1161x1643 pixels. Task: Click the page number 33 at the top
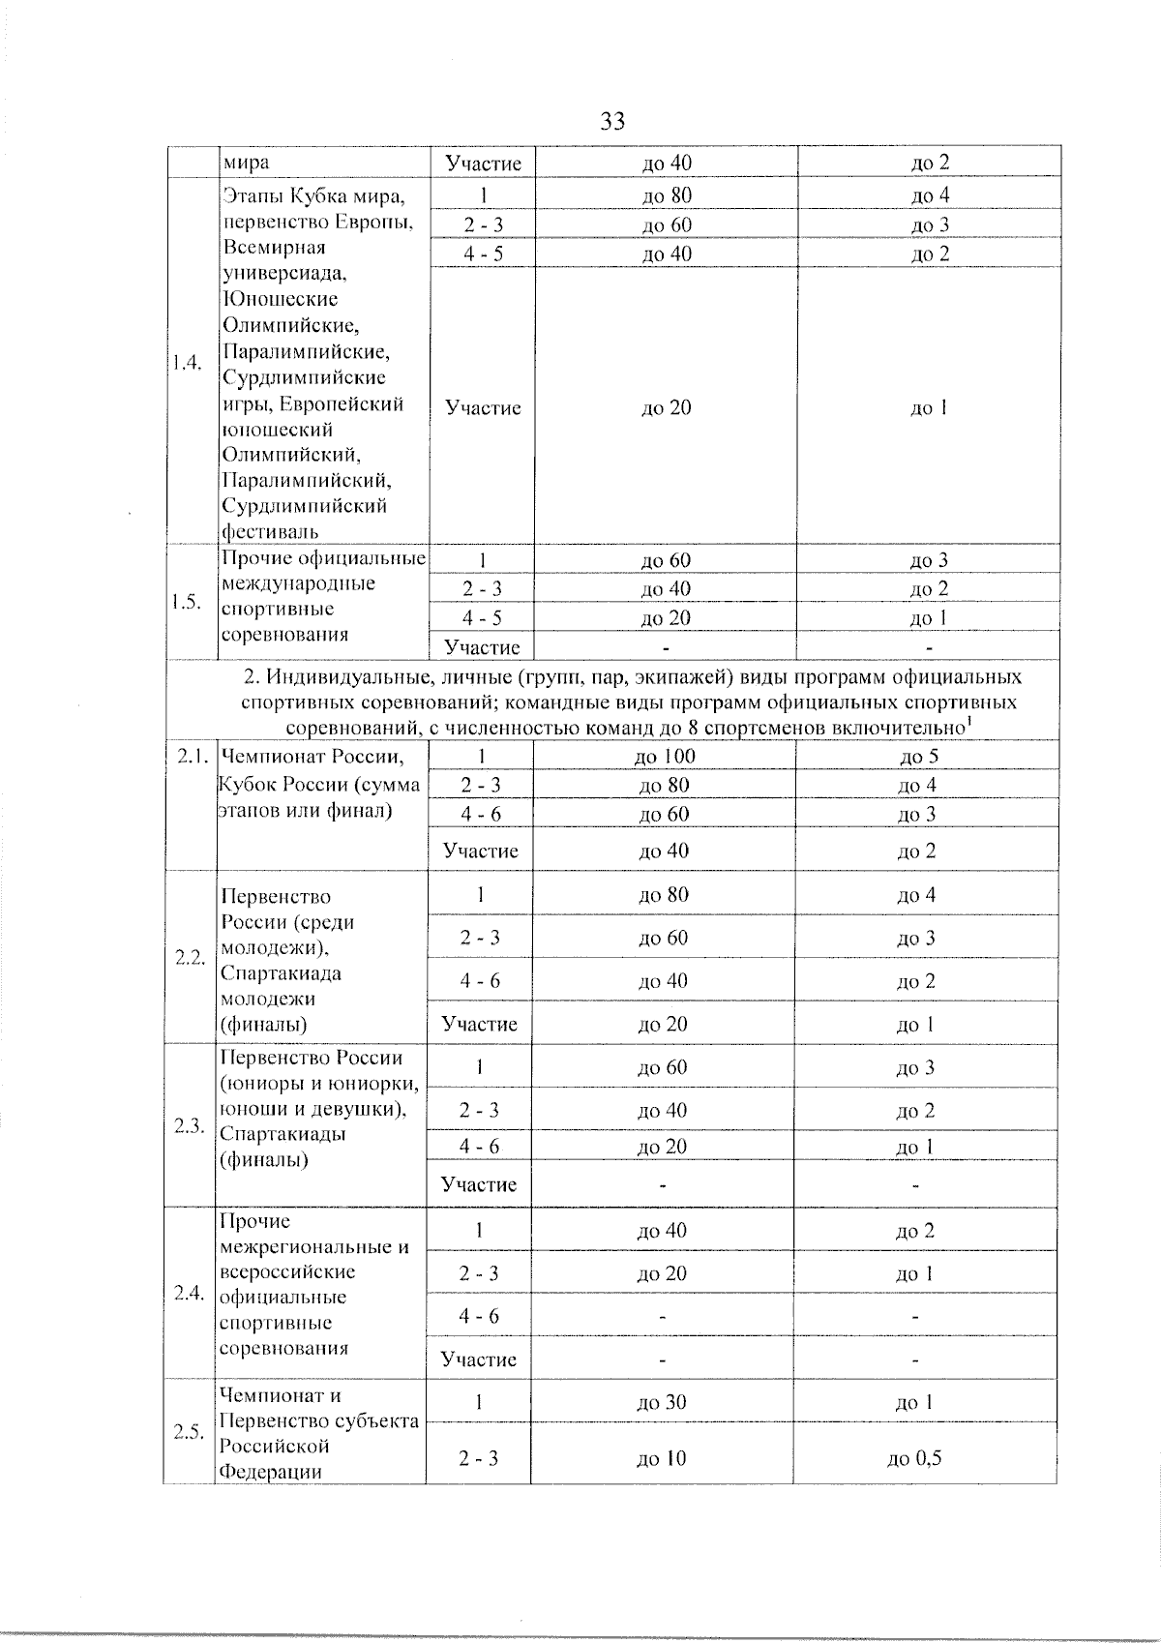pyautogui.click(x=611, y=122)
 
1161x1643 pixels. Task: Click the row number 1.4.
pyautogui.click(x=187, y=364)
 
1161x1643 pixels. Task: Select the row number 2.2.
pyautogui.click(x=189, y=958)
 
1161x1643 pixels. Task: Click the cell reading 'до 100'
pyautogui.click(x=665, y=757)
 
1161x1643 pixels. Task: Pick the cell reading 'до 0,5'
pyautogui.click(x=914, y=1458)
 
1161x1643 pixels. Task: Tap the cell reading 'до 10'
pyautogui.click(x=662, y=1458)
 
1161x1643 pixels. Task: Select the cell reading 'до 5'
pyautogui.click(x=918, y=757)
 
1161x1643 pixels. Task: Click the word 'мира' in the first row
pyautogui.click(x=246, y=164)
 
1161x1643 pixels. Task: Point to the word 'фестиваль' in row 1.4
pyautogui.click(x=270, y=531)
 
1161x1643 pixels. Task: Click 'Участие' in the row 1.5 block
pyautogui.click(x=482, y=647)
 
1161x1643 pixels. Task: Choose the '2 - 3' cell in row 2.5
pyautogui.click(x=479, y=1458)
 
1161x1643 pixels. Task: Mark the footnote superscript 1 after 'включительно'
pyautogui.click(x=968, y=721)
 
